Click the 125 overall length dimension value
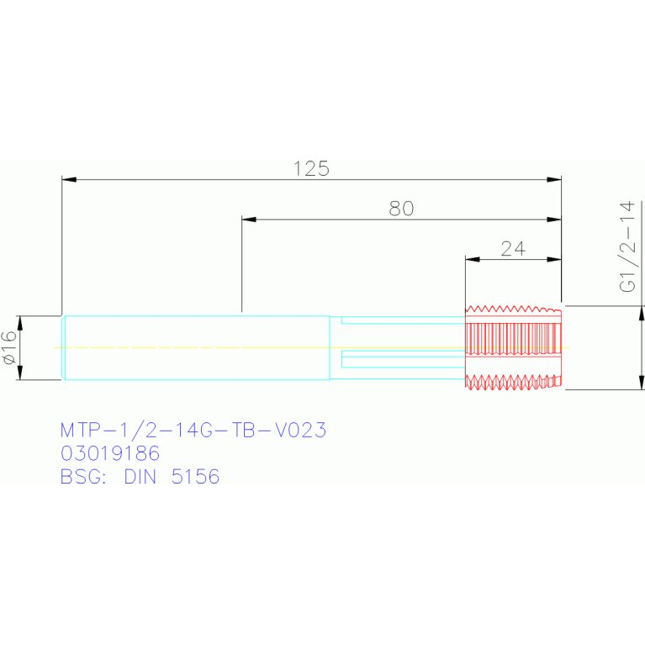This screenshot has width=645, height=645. (x=311, y=169)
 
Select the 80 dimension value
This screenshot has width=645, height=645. (x=401, y=209)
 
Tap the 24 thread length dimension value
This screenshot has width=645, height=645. (x=513, y=248)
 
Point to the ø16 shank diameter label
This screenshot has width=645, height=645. (x=9, y=347)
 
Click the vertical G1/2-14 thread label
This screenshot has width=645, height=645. (x=627, y=246)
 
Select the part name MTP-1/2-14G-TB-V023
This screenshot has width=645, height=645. (x=193, y=430)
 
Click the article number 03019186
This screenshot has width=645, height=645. (x=110, y=453)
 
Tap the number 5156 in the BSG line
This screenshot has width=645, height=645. (x=195, y=477)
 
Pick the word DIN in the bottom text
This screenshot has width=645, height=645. (x=140, y=477)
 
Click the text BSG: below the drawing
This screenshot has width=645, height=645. (x=83, y=477)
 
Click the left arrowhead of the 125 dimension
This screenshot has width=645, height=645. (x=69, y=180)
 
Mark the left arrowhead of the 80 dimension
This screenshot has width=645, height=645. (x=249, y=219)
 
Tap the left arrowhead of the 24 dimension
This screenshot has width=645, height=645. (x=473, y=260)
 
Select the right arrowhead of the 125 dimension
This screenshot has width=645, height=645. (x=554, y=180)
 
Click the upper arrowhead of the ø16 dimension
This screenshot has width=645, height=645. (x=19, y=323)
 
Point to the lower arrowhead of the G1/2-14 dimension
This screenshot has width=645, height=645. (x=642, y=382)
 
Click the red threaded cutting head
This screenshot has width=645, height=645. (x=513, y=347)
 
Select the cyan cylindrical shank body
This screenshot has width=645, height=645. (x=196, y=347)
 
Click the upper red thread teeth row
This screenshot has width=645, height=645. (x=513, y=309)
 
